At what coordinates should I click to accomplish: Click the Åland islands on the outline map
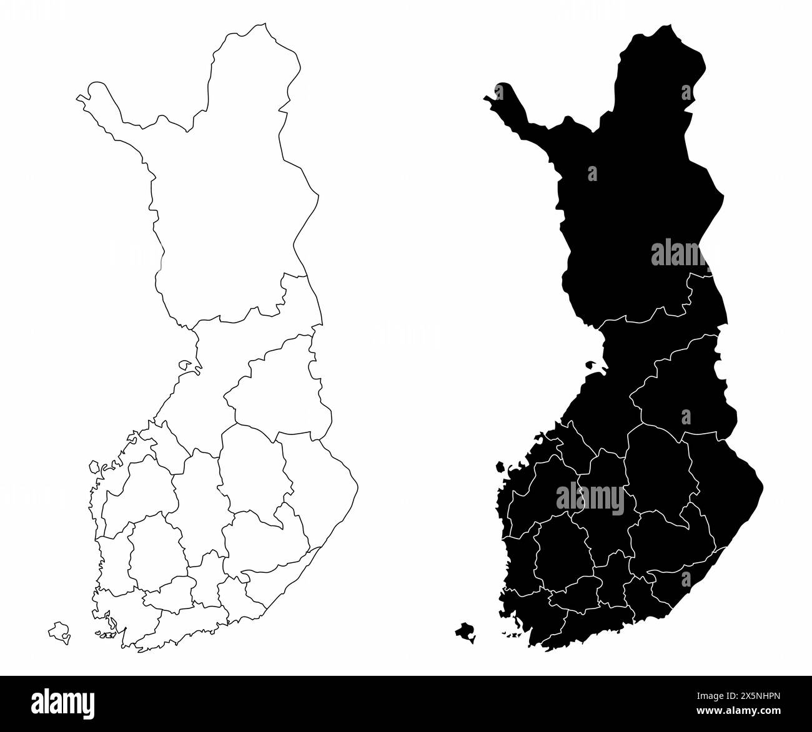pyautogui.click(x=59, y=632)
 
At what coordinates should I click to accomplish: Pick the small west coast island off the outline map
pyautogui.click(x=94, y=466)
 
